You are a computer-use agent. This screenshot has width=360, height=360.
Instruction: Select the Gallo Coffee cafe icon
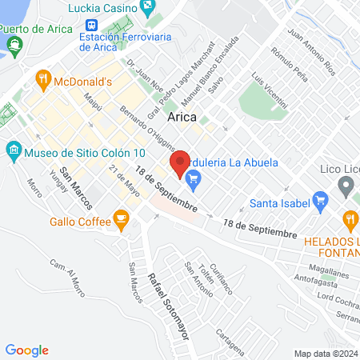[x=121, y=218]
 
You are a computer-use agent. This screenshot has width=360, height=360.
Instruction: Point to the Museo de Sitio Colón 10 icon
[x=14, y=150]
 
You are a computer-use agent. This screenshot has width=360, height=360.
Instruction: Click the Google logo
[x=27, y=350]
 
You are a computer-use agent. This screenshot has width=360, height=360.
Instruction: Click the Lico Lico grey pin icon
[x=346, y=187]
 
